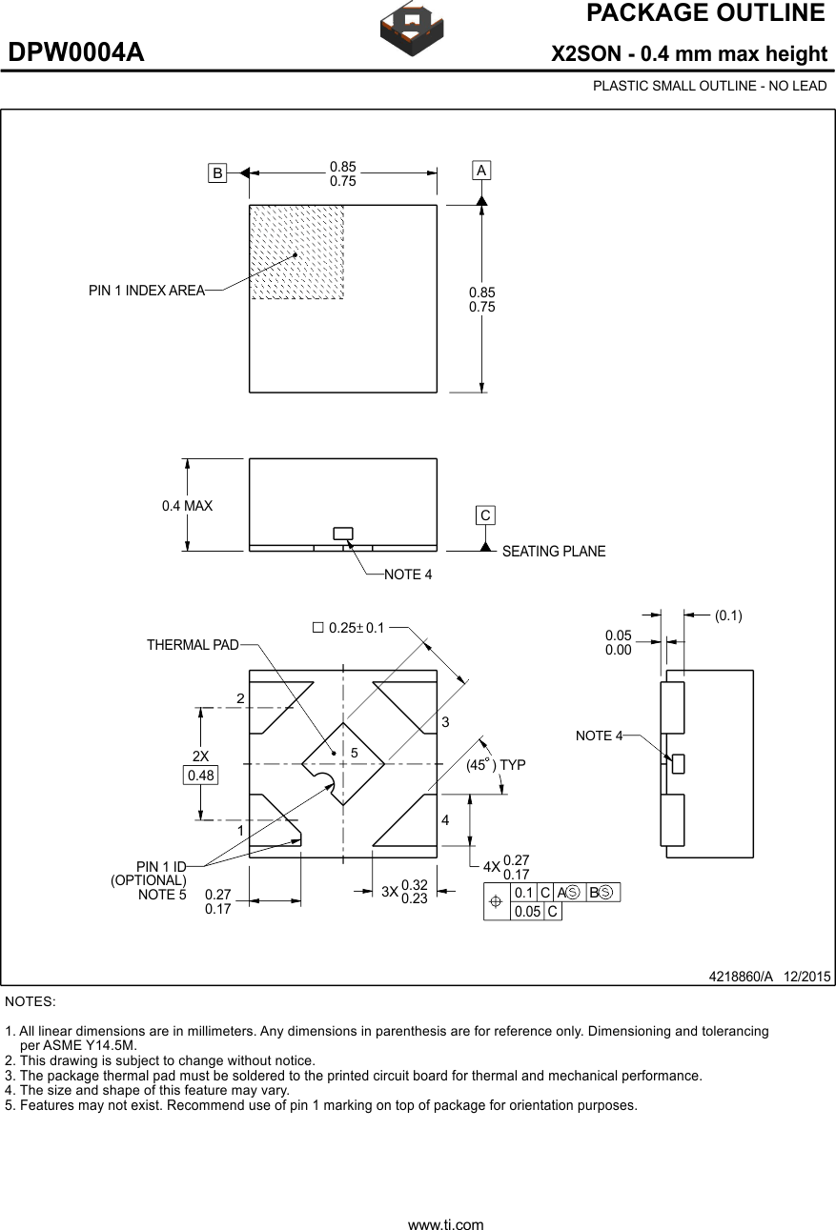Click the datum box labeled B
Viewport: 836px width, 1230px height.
pyautogui.click(x=218, y=173)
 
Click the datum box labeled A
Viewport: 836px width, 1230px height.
pyautogui.click(x=481, y=171)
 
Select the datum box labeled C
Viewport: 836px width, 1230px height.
pyautogui.click(x=485, y=515)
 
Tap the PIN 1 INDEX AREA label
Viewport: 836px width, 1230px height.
pyautogui.click(x=146, y=291)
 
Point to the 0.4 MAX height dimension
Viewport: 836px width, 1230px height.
pyautogui.click(x=187, y=506)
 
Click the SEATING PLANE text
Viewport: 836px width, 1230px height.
pyautogui.click(x=553, y=552)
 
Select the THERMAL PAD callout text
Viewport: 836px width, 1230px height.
pyautogui.click(x=193, y=645)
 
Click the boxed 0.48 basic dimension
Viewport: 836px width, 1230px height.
pyautogui.click(x=201, y=776)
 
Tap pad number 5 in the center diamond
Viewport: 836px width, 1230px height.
pyautogui.click(x=354, y=753)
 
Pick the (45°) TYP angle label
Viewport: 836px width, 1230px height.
pyautogui.click(x=496, y=765)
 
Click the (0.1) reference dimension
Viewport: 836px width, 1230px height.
pyautogui.click(x=728, y=615)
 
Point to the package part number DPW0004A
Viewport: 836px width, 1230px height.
pyautogui.click(x=76, y=52)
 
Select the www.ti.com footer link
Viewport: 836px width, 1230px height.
pyautogui.click(x=445, y=1224)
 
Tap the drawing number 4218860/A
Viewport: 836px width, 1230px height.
pyautogui.click(x=741, y=977)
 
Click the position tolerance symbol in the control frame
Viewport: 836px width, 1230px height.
pyautogui.click(x=496, y=901)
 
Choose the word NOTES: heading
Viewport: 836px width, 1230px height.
pyautogui.click(x=31, y=1001)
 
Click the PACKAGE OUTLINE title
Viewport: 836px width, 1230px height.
pyautogui.click(x=704, y=13)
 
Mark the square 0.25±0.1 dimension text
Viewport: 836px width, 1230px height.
pyautogui.click(x=349, y=628)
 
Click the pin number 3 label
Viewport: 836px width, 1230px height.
pyautogui.click(x=444, y=723)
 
